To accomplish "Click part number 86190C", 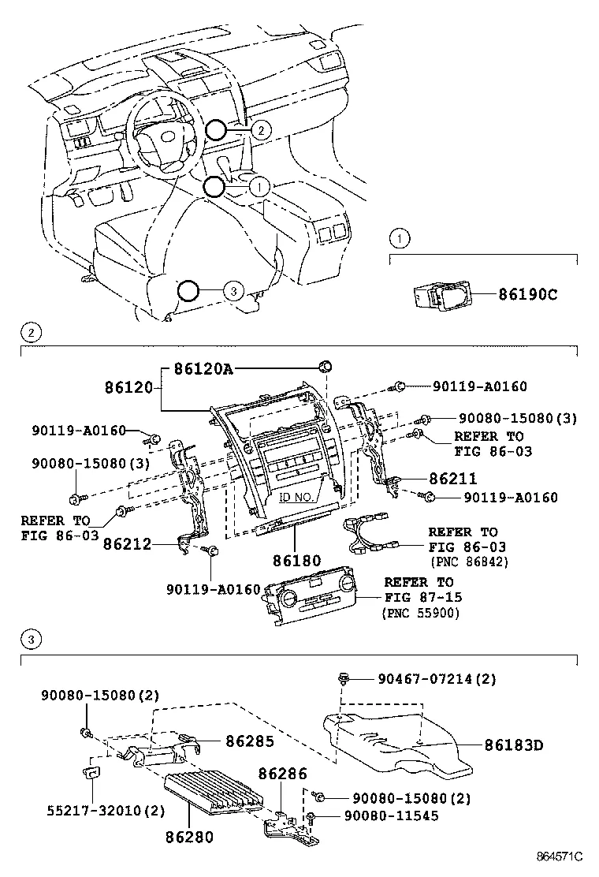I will coord(527,295).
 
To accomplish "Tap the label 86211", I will coord(452,479).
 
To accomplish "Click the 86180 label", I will coord(296,561).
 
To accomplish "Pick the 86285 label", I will coord(250,741).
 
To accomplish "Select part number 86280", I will coord(188,834).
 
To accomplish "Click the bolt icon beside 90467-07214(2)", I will coord(344,677).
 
